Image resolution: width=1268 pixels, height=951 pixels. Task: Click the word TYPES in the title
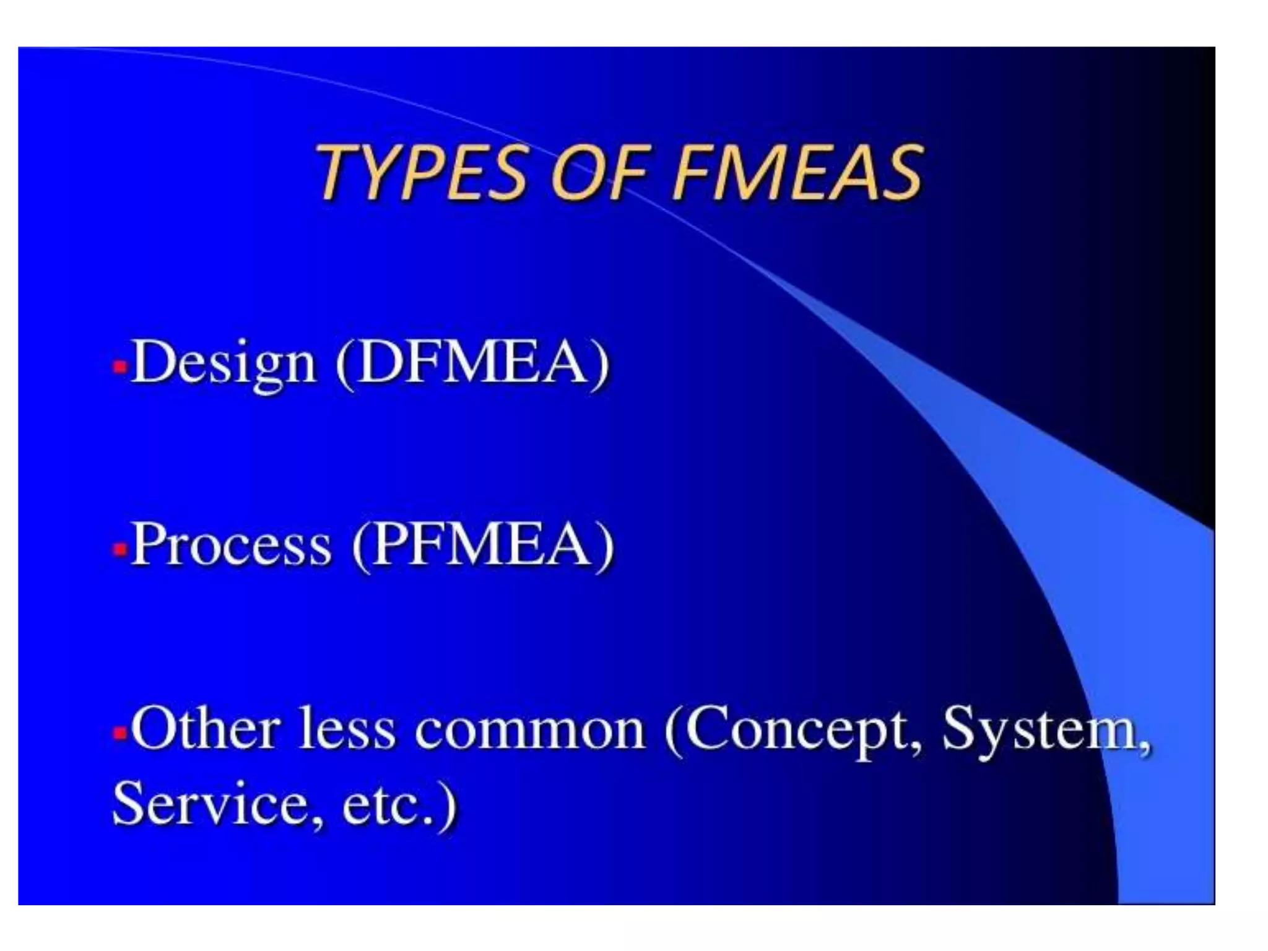pyautogui.click(x=421, y=172)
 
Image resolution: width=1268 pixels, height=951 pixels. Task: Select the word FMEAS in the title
pyautogui.click(x=799, y=172)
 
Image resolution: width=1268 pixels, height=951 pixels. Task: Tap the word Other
pyautogui.click(x=205, y=729)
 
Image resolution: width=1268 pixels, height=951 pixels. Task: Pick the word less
pyautogui.click(x=347, y=729)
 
